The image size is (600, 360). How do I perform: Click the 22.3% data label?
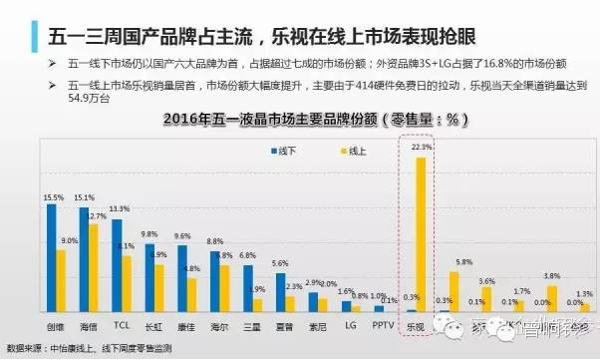(x=420, y=147)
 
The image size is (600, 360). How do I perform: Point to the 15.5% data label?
(x=54, y=197)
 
